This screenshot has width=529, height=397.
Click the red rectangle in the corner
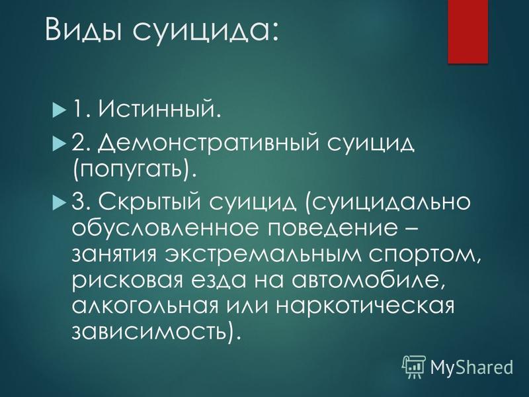pos(468,32)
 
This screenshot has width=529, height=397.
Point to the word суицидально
pos(388,202)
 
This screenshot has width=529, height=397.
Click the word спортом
pos(424,257)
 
